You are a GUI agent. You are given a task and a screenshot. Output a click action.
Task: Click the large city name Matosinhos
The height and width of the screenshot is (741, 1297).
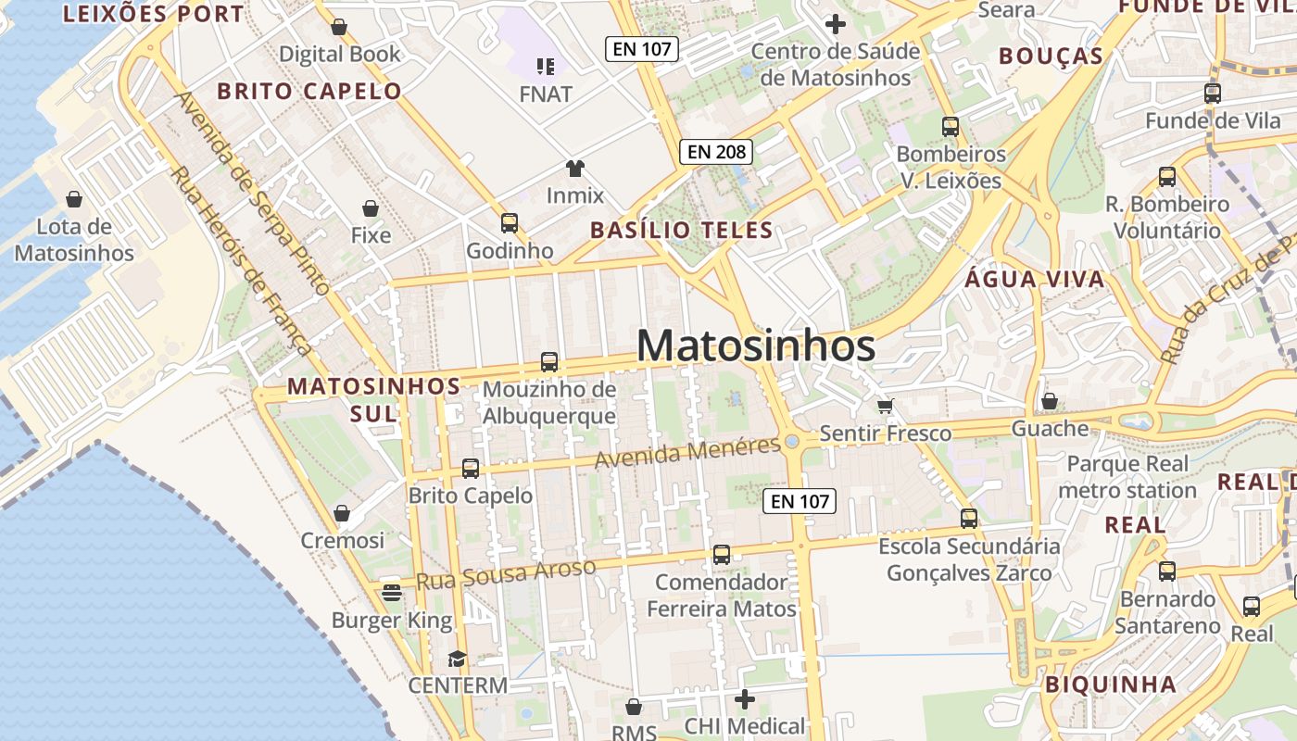point(755,346)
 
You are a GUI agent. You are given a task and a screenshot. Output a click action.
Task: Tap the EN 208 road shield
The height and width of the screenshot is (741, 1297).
point(715,152)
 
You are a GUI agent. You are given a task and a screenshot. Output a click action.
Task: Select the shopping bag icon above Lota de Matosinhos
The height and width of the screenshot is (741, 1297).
point(74,199)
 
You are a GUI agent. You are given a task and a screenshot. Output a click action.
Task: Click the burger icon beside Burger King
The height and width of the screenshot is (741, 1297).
point(392,593)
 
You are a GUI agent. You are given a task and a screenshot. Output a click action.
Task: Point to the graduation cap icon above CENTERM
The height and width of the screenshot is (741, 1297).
point(457,659)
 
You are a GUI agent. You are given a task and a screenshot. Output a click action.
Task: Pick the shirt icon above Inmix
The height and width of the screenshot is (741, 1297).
point(575,169)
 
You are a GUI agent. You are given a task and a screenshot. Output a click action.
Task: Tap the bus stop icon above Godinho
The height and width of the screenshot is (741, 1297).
point(509,223)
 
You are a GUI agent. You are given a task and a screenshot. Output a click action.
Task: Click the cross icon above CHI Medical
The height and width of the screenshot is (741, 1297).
point(744,698)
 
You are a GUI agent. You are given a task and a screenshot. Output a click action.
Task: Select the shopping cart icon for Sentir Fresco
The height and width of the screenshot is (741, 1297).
point(886,406)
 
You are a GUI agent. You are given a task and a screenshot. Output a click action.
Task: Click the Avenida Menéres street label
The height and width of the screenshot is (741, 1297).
point(687,452)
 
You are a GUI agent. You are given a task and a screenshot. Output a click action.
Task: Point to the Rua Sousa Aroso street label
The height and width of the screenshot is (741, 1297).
point(505,574)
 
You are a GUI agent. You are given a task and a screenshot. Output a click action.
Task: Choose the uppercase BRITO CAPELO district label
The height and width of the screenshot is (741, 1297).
point(309,91)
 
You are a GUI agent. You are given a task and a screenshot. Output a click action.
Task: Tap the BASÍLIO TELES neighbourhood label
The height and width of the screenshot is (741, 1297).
point(682,230)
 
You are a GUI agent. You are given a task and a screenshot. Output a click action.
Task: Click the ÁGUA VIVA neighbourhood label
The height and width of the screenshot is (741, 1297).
point(1035,279)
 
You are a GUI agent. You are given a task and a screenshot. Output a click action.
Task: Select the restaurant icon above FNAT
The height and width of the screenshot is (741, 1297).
point(546,66)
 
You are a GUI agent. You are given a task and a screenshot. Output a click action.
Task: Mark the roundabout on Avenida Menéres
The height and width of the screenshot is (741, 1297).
point(791,442)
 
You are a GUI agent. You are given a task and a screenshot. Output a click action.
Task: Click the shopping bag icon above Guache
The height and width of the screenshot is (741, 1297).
point(1049,401)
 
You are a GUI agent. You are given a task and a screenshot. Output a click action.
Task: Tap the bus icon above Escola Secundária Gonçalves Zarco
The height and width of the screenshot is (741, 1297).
point(969,519)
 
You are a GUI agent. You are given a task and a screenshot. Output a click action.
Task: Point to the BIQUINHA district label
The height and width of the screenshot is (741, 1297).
point(1111,684)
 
